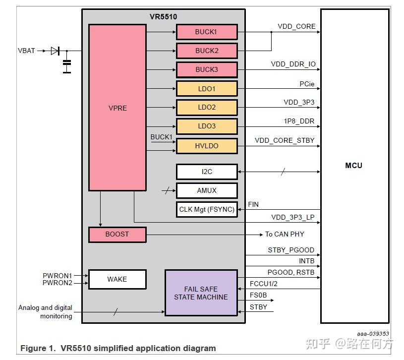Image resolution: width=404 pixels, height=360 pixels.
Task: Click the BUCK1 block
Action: click(x=207, y=32)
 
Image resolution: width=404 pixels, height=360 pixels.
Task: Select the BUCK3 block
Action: click(x=207, y=69)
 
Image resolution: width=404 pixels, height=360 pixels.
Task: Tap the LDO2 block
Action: click(x=207, y=107)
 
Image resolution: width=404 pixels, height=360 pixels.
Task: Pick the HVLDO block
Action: click(x=207, y=146)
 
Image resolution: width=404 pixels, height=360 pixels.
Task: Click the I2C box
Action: click(x=207, y=172)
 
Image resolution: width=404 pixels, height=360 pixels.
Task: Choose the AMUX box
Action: click(x=207, y=190)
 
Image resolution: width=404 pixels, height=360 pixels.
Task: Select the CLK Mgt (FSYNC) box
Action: click(x=207, y=209)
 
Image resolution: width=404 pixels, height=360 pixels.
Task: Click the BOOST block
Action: click(x=117, y=234)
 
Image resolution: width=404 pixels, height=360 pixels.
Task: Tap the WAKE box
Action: click(x=117, y=279)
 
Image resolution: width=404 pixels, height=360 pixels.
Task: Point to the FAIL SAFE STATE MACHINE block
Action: click(x=201, y=293)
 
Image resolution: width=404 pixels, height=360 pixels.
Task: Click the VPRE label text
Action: click(x=117, y=108)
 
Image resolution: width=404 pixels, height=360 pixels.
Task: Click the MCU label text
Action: click(x=353, y=165)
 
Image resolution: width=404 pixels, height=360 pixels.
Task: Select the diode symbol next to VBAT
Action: click(x=55, y=51)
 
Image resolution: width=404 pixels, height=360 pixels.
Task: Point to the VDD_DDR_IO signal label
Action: click(x=293, y=64)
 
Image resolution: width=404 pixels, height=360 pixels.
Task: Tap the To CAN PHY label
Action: click(x=285, y=234)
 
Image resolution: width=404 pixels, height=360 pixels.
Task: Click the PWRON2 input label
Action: click(x=57, y=283)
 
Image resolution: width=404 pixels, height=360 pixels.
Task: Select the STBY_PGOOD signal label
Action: click(x=291, y=250)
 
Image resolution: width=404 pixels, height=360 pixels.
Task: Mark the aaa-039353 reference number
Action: click(x=373, y=334)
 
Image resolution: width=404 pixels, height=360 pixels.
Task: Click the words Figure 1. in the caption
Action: click(x=38, y=348)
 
